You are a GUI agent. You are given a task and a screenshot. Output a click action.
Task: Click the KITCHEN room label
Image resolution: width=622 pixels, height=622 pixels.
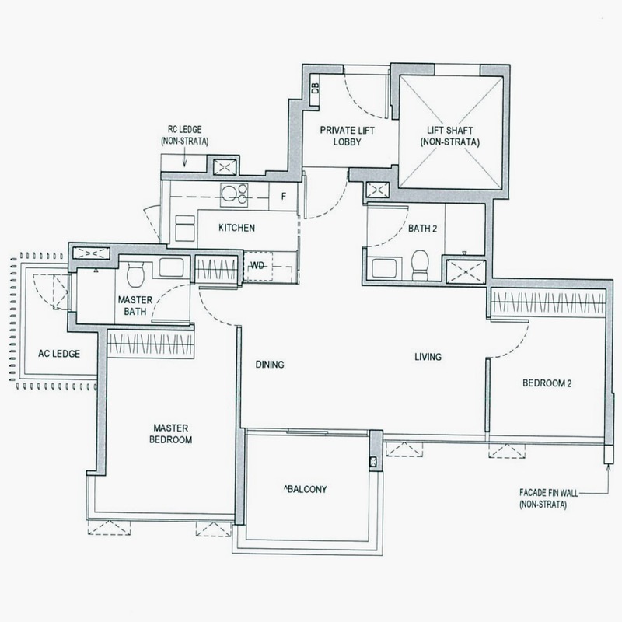pos(236,228)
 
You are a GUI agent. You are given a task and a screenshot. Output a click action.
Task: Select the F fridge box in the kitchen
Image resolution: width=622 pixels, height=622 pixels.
pos(283,197)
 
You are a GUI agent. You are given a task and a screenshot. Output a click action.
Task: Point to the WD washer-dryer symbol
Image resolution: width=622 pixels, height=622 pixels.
pos(257,266)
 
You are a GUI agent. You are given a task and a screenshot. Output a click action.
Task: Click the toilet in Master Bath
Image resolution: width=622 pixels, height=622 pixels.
pos(135,274)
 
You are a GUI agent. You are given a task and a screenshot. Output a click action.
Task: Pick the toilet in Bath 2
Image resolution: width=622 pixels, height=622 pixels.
pos(420,265)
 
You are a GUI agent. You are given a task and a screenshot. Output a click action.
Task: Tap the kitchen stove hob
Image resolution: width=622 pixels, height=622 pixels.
pos(234,195)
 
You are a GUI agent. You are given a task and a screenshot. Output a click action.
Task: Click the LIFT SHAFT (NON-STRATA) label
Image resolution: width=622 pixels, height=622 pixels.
pos(450,136)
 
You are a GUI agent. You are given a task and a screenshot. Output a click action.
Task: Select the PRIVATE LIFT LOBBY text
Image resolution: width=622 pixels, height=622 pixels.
pos(347,136)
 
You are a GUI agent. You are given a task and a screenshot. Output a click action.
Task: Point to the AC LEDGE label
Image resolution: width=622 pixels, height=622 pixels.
pos(59,354)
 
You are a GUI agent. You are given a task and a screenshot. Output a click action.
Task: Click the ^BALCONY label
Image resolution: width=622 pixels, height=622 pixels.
pos(306,489)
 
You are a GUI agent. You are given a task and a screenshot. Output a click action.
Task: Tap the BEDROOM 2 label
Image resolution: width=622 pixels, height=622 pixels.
pos(547,383)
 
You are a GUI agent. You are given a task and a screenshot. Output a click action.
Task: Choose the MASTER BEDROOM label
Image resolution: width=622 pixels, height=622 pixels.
pos(171,434)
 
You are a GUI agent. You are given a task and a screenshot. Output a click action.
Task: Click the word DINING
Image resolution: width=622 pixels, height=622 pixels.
pos(270,364)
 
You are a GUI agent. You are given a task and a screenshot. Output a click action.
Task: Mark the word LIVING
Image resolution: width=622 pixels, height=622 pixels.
pos(428,357)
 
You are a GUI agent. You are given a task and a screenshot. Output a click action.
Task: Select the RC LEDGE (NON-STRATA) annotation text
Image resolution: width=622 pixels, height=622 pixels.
pos(184,135)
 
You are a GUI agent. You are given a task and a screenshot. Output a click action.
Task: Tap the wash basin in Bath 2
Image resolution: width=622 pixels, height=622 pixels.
pos(383,267)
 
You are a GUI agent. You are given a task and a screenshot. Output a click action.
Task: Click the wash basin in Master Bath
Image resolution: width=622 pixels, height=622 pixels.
pos(171,267)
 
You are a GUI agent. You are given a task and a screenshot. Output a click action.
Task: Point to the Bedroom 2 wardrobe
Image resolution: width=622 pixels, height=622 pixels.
pos(549,303)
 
